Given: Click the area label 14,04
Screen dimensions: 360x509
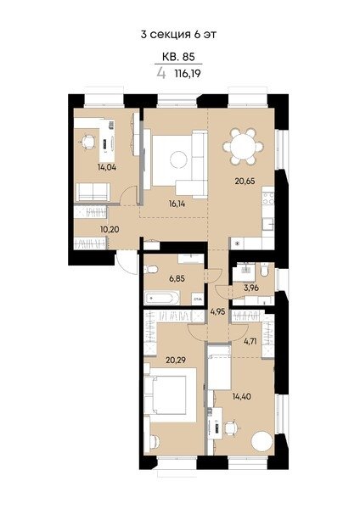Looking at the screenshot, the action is [x=107, y=167].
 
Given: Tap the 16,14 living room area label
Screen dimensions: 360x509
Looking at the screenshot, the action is [x=177, y=204].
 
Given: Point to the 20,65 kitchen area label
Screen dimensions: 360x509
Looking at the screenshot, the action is [x=245, y=181].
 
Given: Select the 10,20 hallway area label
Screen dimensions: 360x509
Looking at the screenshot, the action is [x=110, y=229].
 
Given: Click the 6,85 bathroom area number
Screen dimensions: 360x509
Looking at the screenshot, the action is [x=178, y=278].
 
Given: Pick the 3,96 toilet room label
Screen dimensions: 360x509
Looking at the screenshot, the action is [x=251, y=288].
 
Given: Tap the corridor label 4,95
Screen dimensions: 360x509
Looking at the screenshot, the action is [x=217, y=312].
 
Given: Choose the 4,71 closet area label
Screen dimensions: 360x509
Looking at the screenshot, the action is [x=250, y=341].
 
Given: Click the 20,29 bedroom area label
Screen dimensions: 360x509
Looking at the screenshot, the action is [x=176, y=360].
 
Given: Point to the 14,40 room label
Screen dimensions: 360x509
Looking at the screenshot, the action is [x=242, y=396].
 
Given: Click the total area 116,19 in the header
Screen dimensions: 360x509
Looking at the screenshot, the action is [x=188, y=74].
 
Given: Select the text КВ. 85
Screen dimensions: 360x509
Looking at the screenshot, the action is [x=178, y=57].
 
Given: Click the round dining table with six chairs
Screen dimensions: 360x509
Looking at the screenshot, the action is [x=243, y=147].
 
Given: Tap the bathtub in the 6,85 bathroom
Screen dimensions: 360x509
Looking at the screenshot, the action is [x=162, y=298].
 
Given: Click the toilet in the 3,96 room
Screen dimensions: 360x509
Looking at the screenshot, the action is [x=264, y=270].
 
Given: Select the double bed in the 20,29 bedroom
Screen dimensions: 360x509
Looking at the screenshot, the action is [x=170, y=395].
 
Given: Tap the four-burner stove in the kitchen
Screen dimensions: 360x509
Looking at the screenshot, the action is [x=268, y=199].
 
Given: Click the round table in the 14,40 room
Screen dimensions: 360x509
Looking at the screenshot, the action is [x=262, y=441].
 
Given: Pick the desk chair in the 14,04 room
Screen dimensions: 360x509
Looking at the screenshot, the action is [x=87, y=142].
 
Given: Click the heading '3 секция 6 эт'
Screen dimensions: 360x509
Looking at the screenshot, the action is [x=178, y=35].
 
